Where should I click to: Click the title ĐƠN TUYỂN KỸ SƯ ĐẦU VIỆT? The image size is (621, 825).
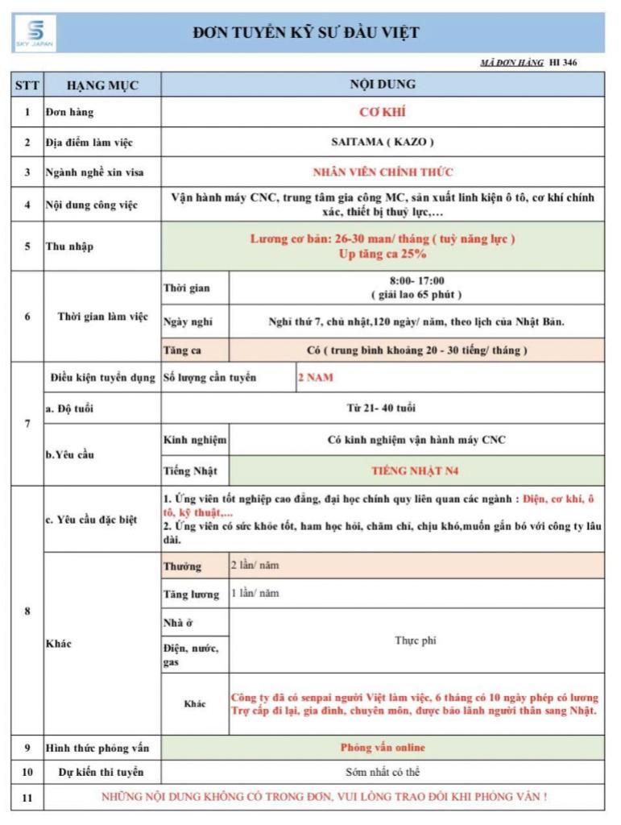[306, 32]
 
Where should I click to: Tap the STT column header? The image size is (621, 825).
[27, 85]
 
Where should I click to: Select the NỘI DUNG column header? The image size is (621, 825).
[383, 84]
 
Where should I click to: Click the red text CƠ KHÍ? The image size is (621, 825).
[383, 112]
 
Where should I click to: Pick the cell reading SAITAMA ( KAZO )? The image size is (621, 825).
[383, 142]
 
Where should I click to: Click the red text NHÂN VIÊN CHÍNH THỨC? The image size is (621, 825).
[383, 172]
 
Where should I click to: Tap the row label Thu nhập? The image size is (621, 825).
[69, 247]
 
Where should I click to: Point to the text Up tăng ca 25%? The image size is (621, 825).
[383, 254]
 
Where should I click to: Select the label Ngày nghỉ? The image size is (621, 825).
[188, 321]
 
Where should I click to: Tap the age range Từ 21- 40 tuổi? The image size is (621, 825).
[382, 408]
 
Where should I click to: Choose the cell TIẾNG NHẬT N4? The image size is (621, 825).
[416, 469]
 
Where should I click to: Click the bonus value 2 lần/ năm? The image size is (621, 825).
[255, 566]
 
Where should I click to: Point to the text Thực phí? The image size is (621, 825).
[416, 641]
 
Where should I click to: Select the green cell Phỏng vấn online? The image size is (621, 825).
[383, 748]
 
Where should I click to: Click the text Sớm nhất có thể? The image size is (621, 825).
[383, 772]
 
